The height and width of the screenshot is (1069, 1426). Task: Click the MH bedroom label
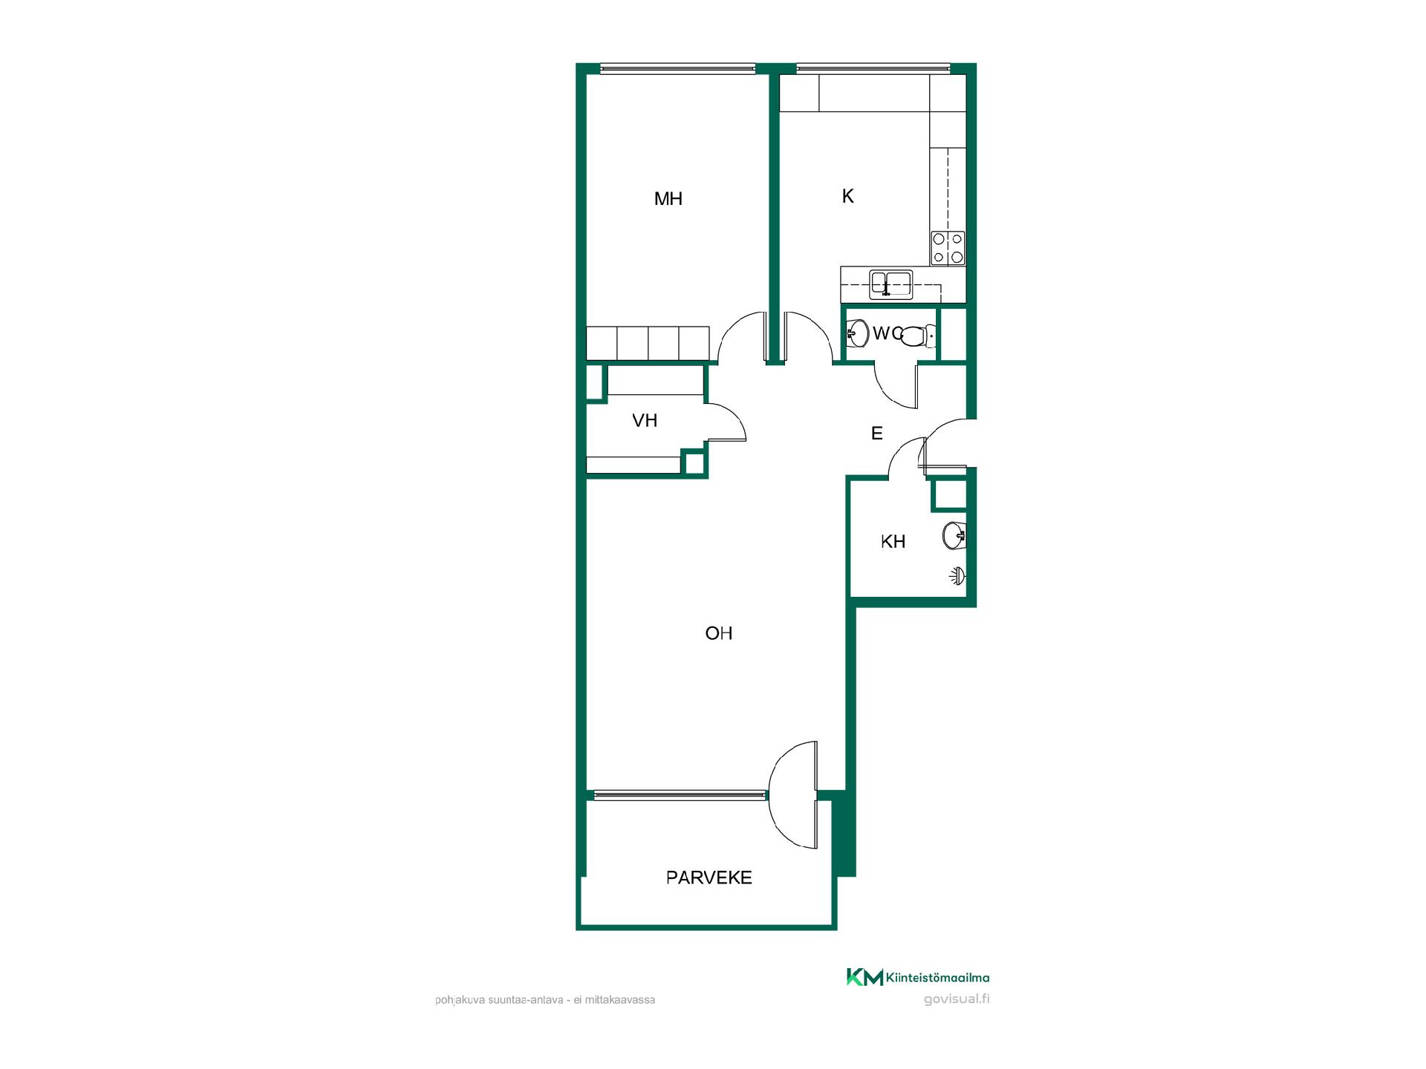pos(668,199)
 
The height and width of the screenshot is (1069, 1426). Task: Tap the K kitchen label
pos(847,196)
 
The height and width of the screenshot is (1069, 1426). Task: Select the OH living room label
pos(718,633)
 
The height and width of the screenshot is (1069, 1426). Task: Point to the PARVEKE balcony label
pos(709,878)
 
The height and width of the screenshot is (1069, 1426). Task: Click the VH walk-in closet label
pos(645,421)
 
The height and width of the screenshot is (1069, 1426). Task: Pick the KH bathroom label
pos(893,542)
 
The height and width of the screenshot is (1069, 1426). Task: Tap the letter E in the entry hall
pos(877,434)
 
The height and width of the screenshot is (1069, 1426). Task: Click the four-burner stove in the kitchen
pos(948,248)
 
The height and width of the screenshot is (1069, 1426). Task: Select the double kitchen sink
pos(891,284)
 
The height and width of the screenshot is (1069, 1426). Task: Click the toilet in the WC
pos(917,336)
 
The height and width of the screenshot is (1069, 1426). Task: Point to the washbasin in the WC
pos(856,333)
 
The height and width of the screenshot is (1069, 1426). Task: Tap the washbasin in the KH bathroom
pos(955,535)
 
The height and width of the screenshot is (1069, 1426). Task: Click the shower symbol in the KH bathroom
pos(959,574)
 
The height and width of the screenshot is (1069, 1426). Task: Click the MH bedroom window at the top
pos(678,69)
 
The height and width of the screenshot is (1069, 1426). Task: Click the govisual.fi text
pos(957,998)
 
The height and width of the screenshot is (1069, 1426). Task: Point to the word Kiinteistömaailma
pos(938,978)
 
